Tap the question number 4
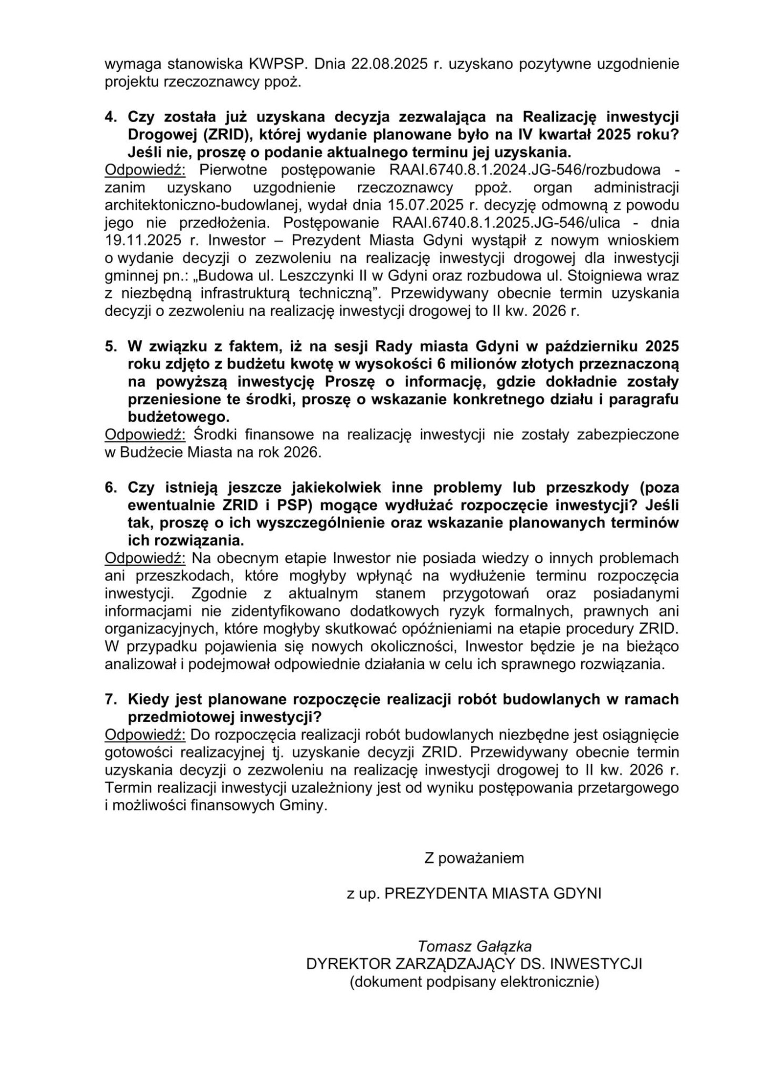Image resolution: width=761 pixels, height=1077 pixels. click(x=110, y=117)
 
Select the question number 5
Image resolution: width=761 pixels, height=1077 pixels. click(x=110, y=346)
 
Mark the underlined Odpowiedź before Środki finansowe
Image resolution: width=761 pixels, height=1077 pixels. click(x=145, y=435)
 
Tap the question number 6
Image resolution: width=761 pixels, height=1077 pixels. click(x=110, y=487)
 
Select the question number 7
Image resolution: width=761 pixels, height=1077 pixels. click(x=110, y=700)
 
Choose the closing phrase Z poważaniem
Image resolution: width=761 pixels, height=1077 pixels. click(x=474, y=858)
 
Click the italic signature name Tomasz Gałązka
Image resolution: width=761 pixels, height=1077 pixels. click(x=475, y=946)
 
